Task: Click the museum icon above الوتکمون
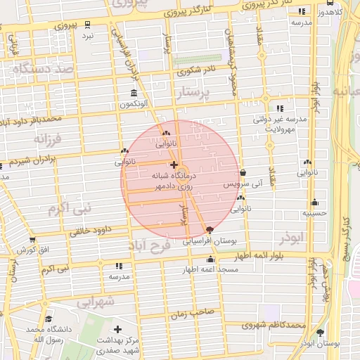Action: pos(134,94)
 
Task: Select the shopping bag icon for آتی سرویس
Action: pos(243,173)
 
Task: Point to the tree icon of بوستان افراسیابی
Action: pos(210,230)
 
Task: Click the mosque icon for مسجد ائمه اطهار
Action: pos(210,260)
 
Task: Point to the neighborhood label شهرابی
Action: pos(94,302)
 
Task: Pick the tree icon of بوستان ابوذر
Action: pos(321,333)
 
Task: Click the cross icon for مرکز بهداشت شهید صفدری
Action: pos(117,329)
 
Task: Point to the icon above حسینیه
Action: pos(314,202)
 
